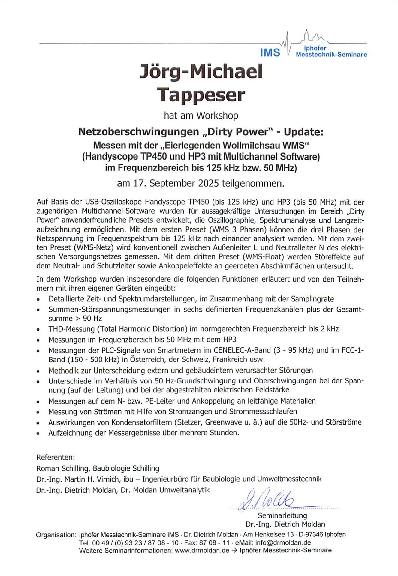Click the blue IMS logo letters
[270, 53]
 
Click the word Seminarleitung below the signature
[282, 515]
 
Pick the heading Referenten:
[56, 457]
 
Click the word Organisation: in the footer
[56, 535]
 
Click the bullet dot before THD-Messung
[38, 330]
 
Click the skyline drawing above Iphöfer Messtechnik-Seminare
[312, 37]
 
